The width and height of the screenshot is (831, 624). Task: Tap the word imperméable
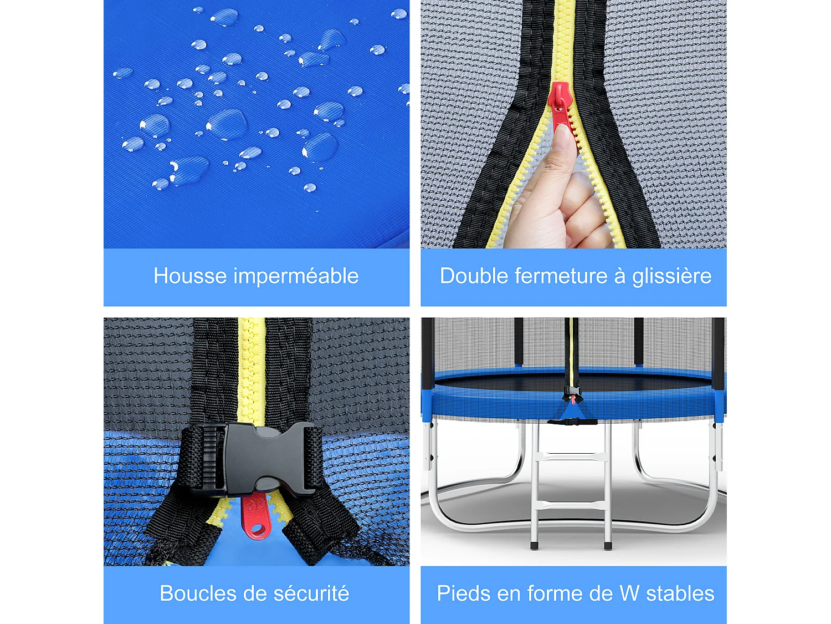pos(296,276)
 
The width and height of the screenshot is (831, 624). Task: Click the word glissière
pos(671,276)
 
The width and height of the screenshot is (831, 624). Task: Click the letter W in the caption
pos(629,593)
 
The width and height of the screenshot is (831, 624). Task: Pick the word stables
pos(680,593)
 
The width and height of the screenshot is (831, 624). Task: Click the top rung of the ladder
pos(571,456)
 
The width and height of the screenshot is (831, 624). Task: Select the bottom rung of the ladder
pos(571,505)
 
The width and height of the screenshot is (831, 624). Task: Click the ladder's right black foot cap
pos(608,546)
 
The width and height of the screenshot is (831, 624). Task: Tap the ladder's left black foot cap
pos(534,546)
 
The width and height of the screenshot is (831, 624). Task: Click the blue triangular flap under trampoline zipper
pos(571,412)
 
